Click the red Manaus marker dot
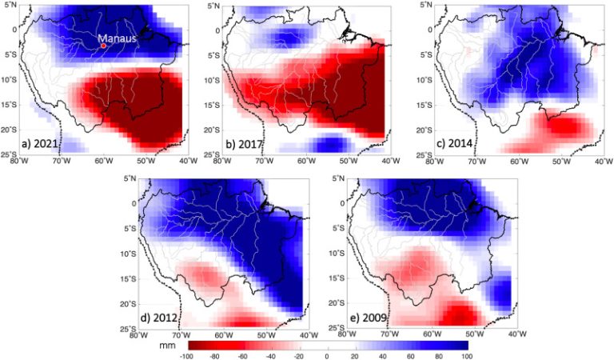click(x=103, y=46)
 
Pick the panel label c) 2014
click(x=457, y=144)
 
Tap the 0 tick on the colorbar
click(x=327, y=354)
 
